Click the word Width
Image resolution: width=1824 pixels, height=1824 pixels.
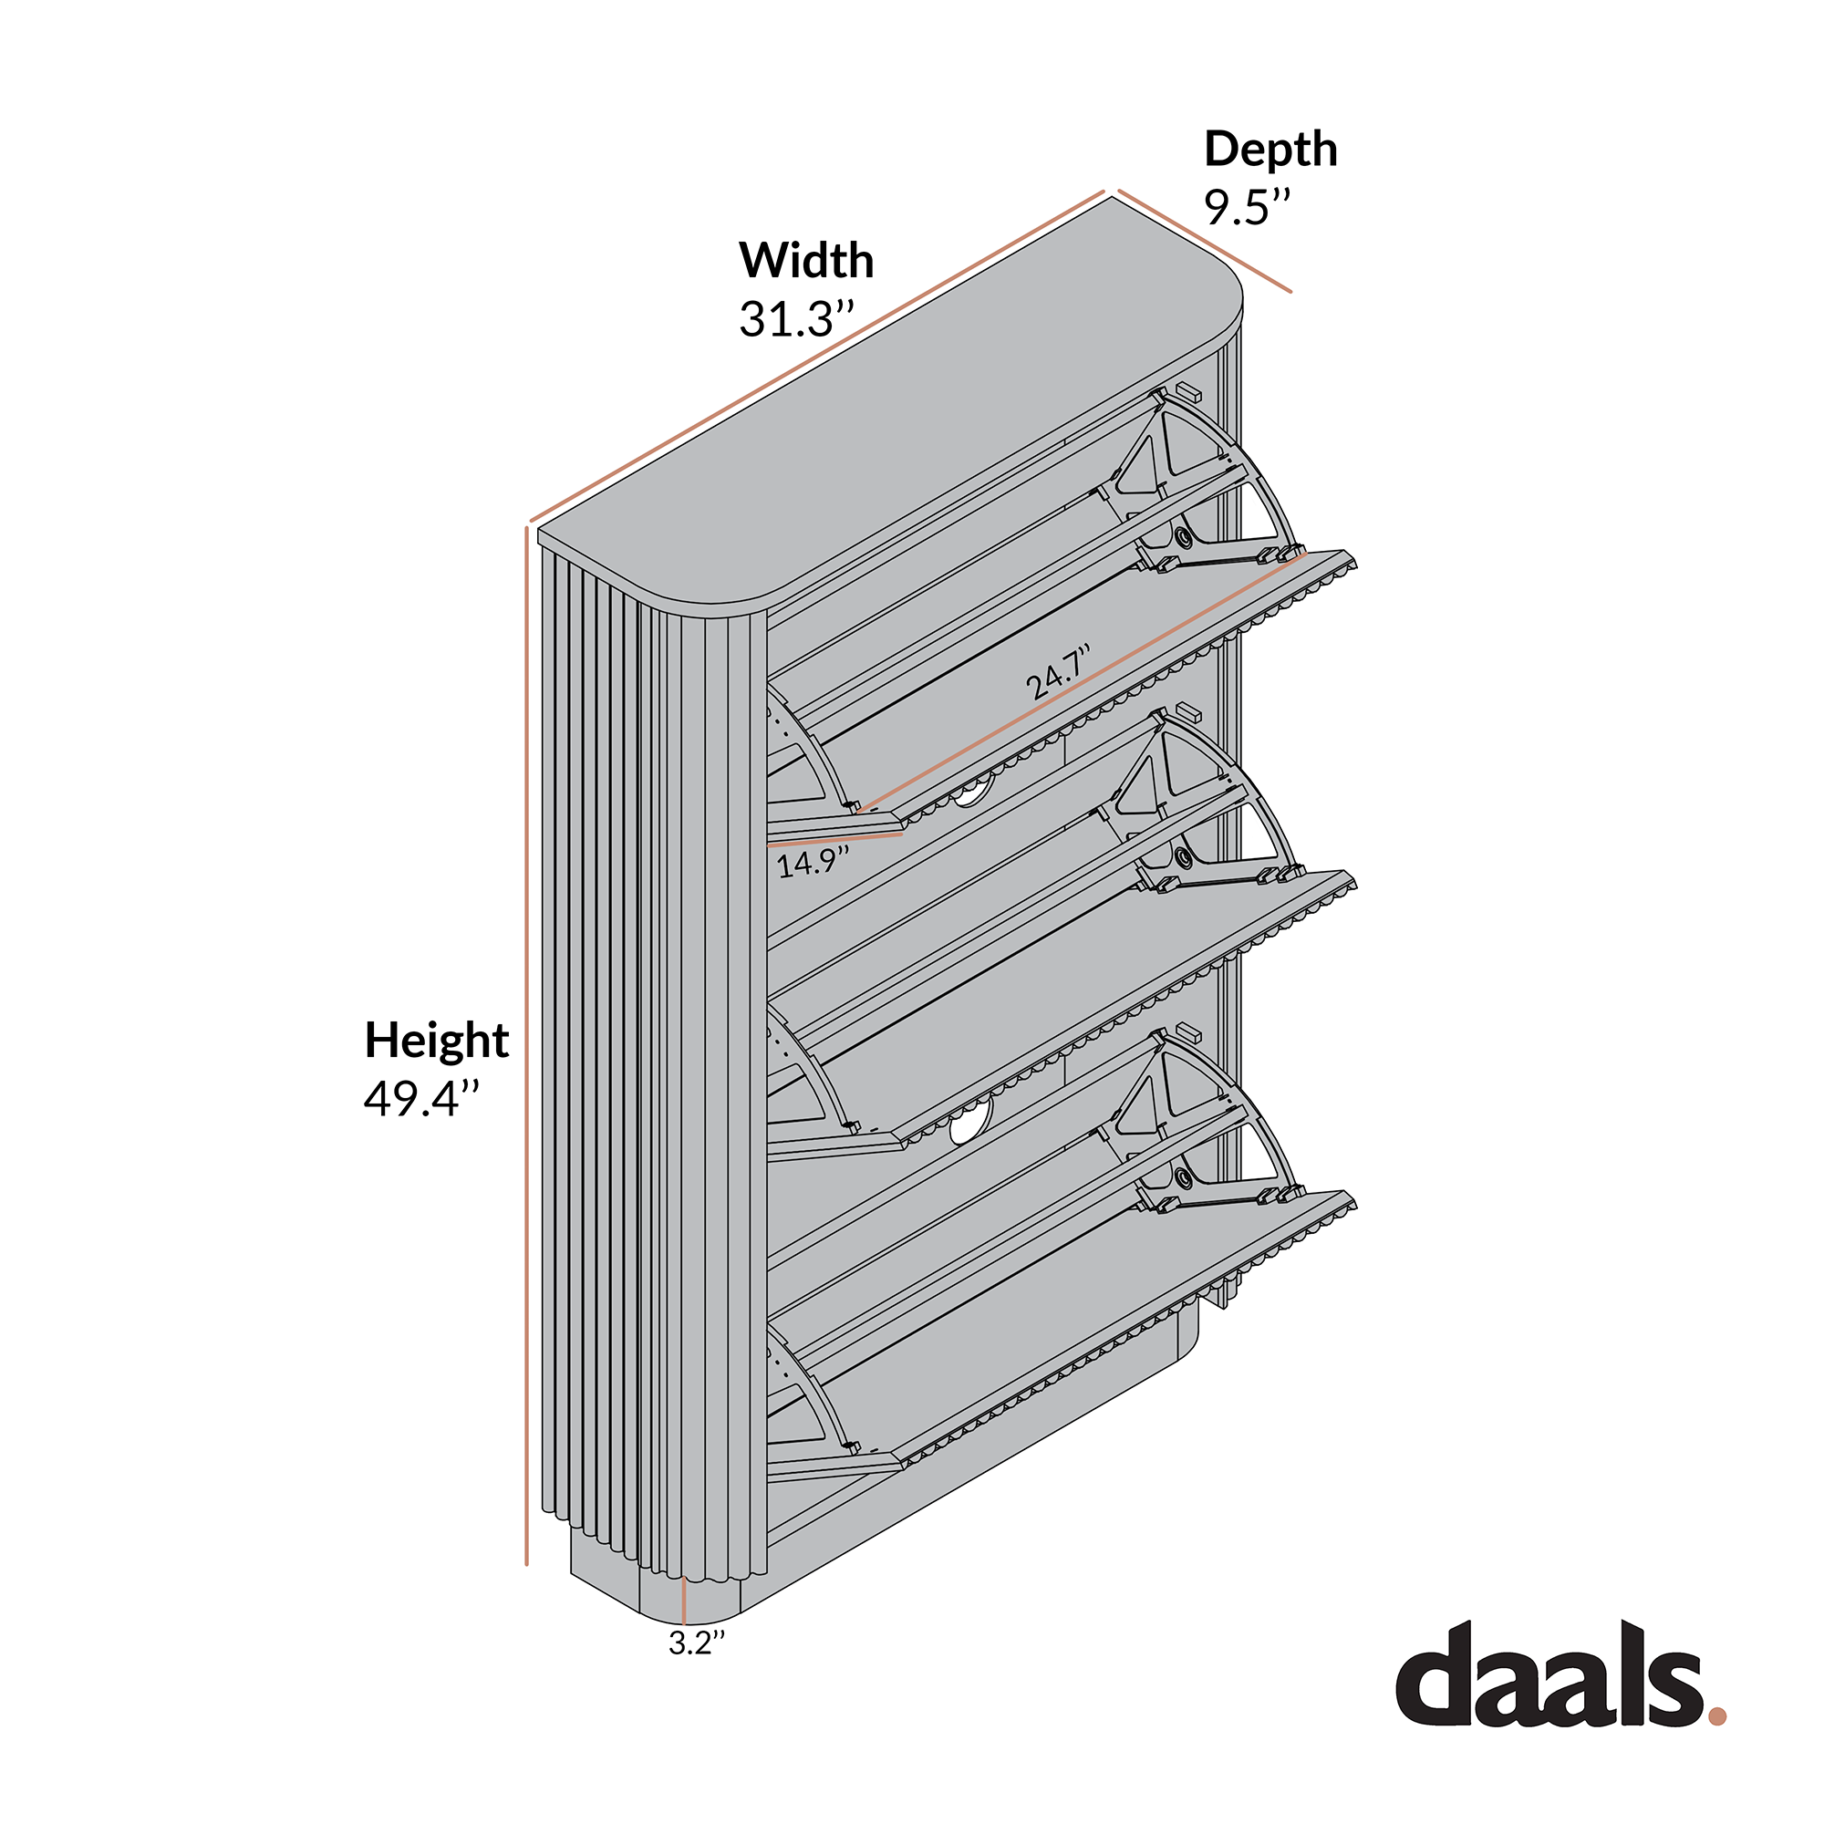pos(806,260)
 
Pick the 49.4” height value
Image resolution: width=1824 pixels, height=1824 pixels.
pos(422,1098)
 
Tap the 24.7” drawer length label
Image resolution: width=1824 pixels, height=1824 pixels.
pos(1059,671)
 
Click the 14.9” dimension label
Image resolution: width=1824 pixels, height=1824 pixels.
pos(813,862)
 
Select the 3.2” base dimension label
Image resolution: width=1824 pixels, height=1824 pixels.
pos(697,1643)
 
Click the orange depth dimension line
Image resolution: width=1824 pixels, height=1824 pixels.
pos(1204,242)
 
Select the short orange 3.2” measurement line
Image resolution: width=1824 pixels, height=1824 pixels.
pos(682,1601)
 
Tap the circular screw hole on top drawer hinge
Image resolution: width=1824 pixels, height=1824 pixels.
pos(1182,537)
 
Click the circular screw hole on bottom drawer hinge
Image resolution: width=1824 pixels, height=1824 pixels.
pos(1182,1176)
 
